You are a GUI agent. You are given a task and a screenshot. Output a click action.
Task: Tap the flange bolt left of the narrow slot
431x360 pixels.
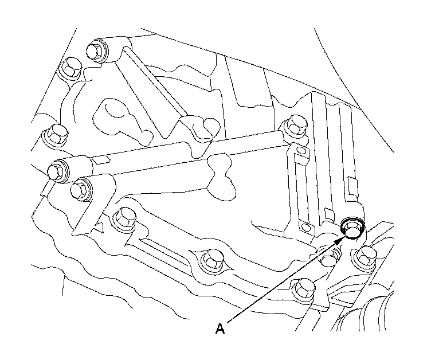tap(124, 218)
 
